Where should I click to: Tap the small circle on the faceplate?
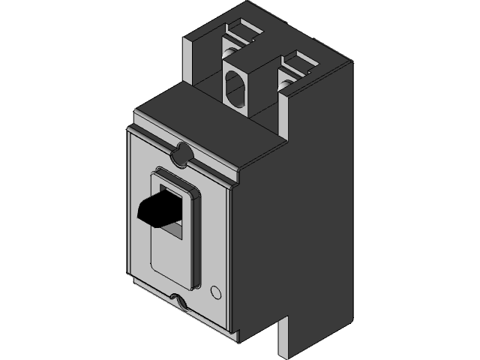click(x=217, y=292)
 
